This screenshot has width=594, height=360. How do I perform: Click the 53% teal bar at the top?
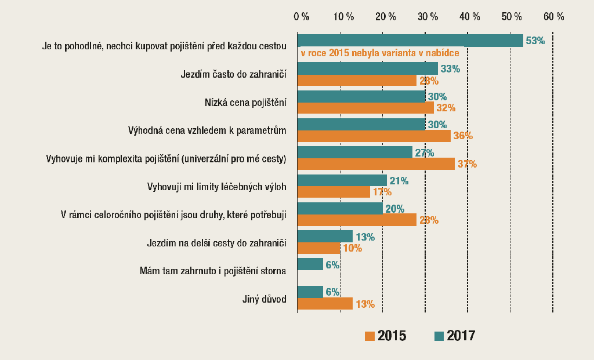click(x=410, y=41)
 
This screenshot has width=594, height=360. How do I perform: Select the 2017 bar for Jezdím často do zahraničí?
click(x=367, y=68)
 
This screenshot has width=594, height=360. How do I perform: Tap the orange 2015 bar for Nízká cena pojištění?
click(x=365, y=108)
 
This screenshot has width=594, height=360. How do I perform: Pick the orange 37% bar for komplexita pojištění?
click(x=376, y=164)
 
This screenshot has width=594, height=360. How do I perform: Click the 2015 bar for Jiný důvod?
click(x=325, y=304)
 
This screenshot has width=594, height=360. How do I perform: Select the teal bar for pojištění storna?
click(x=310, y=264)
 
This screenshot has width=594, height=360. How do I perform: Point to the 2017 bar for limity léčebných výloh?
click(x=342, y=180)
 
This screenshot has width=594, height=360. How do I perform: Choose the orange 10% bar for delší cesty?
click(x=318, y=248)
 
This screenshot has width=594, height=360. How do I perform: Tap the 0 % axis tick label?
click(x=302, y=16)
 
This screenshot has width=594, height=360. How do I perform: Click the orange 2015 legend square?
click(x=370, y=336)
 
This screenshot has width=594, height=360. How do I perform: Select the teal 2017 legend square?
click(x=439, y=336)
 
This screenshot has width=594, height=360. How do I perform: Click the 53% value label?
click(x=535, y=41)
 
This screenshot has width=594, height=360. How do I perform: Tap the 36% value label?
click(x=463, y=136)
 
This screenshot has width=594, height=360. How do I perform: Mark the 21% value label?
click(x=399, y=181)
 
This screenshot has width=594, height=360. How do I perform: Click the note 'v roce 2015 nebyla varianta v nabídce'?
click(x=380, y=53)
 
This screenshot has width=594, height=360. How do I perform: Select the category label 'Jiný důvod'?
click(x=265, y=300)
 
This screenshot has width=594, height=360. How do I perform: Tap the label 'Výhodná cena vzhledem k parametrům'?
click(x=207, y=130)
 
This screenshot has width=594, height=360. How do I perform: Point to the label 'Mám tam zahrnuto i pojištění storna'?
click(x=213, y=271)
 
